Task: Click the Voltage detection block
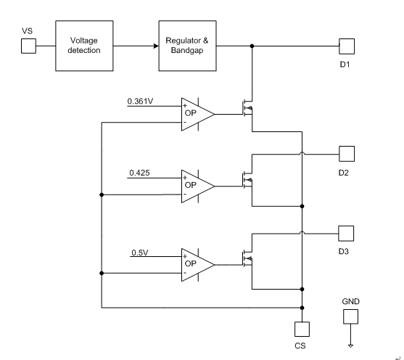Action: click(x=84, y=46)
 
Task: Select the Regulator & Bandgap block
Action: click(x=187, y=46)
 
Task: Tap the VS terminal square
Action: click(x=28, y=46)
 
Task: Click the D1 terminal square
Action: click(x=347, y=46)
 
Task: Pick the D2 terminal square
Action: click(x=347, y=154)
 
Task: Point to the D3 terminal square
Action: click(x=346, y=234)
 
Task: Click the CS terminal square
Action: click(x=302, y=329)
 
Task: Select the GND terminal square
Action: click(x=350, y=316)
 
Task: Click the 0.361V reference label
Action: click(x=140, y=101)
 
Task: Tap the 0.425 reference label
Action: click(x=139, y=173)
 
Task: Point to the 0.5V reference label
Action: click(x=140, y=253)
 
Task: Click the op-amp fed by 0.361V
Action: click(x=197, y=114)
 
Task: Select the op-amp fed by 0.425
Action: click(x=197, y=187)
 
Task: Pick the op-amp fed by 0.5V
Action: click(x=197, y=265)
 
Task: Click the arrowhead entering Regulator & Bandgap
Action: click(x=156, y=46)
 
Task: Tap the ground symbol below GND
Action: click(x=350, y=345)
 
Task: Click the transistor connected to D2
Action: click(x=247, y=179)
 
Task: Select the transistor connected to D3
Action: click(x=247, y=258)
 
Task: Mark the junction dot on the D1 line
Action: click(x=252, y=46)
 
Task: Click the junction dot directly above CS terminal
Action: click(x=302, y=308)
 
